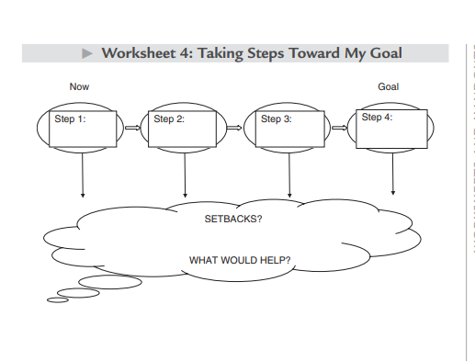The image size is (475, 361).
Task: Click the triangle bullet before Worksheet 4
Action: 88,52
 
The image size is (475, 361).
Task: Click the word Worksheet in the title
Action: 136,52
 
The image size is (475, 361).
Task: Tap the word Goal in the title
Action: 383,52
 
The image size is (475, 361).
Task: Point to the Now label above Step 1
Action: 80,86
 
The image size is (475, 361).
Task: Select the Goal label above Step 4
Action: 388,86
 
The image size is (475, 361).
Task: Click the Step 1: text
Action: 71,118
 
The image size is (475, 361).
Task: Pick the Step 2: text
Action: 169,118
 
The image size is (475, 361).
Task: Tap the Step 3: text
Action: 276,118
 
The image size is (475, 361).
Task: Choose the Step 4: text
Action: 377,117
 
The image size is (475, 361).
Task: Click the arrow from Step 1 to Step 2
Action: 133,129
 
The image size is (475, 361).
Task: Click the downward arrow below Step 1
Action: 83,175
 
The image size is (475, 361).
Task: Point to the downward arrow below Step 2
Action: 186,175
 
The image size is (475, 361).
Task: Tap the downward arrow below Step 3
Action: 290,175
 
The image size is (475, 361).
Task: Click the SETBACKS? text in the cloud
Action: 233,220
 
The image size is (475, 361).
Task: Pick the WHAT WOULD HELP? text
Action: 240,260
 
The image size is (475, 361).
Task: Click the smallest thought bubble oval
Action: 58,299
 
